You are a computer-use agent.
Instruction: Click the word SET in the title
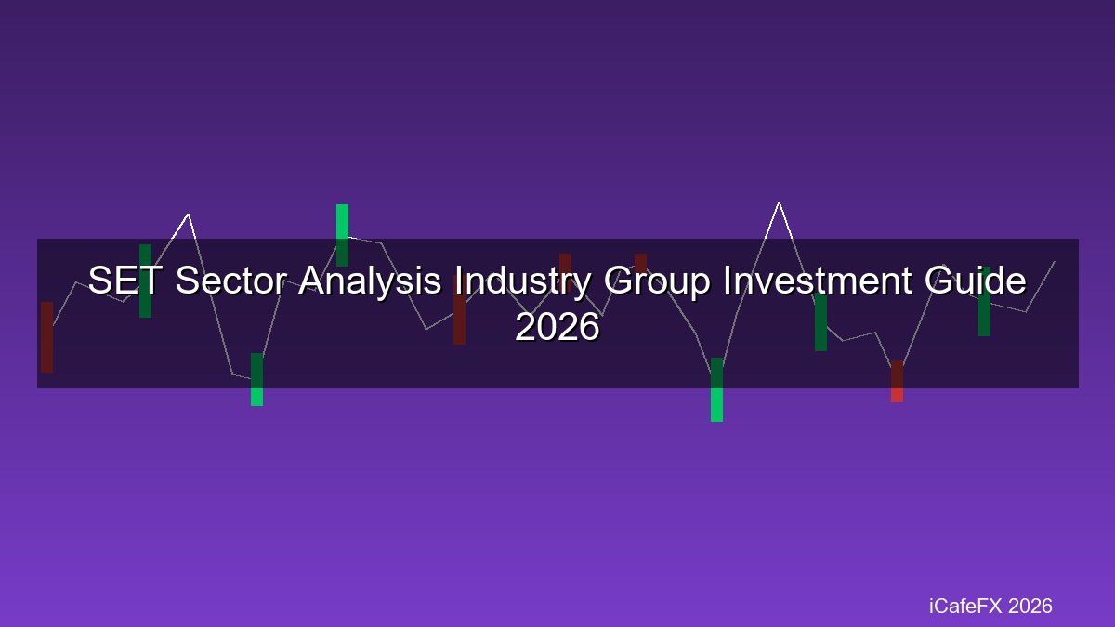point(124,280)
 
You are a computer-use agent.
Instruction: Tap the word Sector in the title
point(231,280)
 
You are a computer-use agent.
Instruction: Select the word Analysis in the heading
point(371,281)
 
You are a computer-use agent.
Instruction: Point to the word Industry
point(522,281)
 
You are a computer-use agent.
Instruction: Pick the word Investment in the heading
point(818,280)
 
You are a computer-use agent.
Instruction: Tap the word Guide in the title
point(976,280)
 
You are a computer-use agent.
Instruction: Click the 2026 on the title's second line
point(557,327)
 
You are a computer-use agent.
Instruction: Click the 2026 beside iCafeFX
point(1030,606)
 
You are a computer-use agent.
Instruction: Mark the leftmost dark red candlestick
point(46,337)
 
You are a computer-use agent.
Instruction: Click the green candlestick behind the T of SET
point(145,281)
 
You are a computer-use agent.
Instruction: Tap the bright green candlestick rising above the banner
point(343,235)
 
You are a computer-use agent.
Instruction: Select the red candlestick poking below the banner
point(897,381)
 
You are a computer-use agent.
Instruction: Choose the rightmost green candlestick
point(985,302)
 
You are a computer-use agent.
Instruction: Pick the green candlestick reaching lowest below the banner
point(716,389)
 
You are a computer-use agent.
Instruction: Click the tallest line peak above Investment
point(779,203)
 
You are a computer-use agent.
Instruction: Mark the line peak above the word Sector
point(188,214)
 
